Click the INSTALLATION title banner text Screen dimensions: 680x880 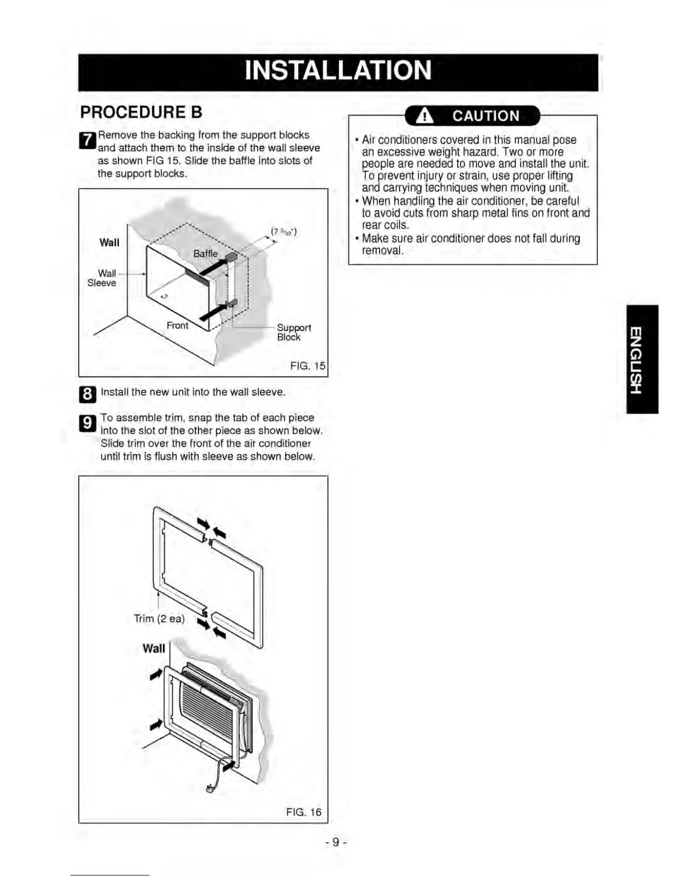click(338, 71)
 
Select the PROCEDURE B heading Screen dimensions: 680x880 click(141, 112)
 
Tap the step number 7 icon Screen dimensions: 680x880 click(88, 141)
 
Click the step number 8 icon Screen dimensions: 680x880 click(88, 394)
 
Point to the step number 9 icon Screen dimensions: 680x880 click(88, 424)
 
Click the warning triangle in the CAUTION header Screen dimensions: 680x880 click(425, 116)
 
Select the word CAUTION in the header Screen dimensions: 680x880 click(486, 116)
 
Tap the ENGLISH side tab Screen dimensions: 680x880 click(642, 359)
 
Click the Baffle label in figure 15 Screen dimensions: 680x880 click(205, 253)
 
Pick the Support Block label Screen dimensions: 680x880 click(293, 332)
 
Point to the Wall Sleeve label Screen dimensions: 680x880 click(102, 278)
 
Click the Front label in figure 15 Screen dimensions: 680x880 click(177, 326)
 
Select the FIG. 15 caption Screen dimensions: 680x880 click(307, 366)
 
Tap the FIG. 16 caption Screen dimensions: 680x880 click(303, 812)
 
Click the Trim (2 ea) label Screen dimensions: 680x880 click(159, 618)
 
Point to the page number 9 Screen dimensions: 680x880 click(336, 842)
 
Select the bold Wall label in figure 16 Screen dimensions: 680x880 click(154, 648)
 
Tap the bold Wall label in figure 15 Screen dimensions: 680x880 click(109, 242)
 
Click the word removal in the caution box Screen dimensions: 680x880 click(382, 251)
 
